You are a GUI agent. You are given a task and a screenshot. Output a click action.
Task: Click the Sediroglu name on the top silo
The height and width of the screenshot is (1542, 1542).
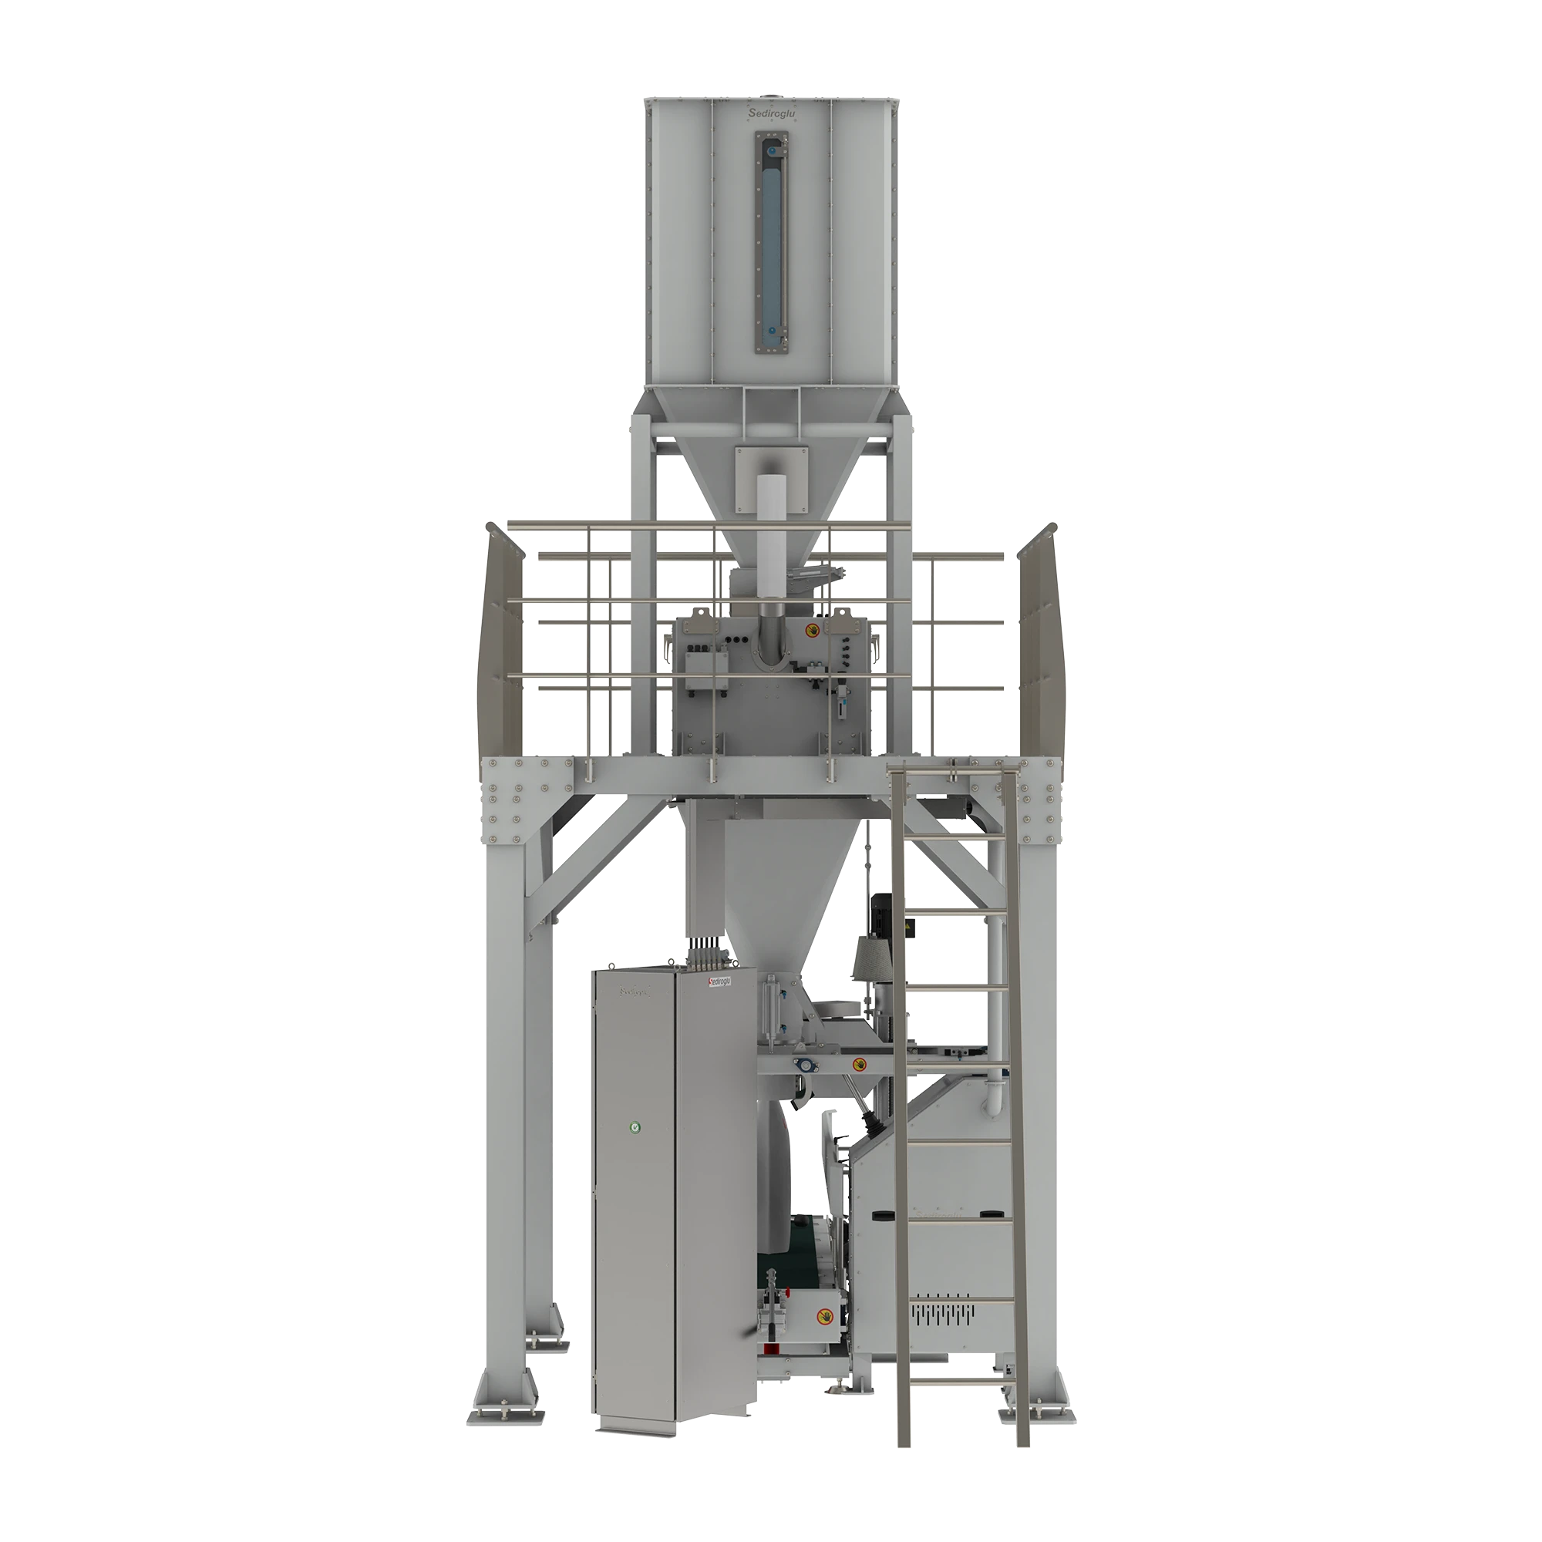pos(773,115)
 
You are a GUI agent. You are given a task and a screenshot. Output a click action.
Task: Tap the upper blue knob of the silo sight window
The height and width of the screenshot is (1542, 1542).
pos(772,150)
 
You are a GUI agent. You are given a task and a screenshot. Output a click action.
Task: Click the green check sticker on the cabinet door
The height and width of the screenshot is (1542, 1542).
pos(635,1126)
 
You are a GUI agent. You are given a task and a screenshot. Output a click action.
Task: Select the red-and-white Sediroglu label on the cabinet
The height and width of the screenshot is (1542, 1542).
pos(720,981)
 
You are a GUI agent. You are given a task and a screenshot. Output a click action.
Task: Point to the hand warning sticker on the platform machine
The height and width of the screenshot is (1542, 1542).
pos(811,631)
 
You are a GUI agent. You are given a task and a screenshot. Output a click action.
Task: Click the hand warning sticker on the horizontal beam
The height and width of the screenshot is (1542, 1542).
pos(860,1064)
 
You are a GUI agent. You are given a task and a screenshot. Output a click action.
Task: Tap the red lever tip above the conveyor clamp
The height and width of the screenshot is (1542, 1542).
pos(772,1347)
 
